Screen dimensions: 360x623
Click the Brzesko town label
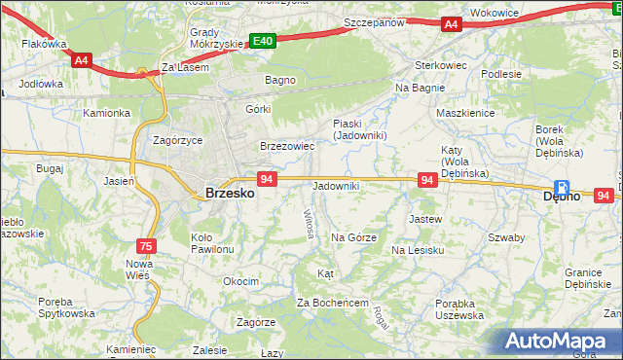230,194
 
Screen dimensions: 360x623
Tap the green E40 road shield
262,41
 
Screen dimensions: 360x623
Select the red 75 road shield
146,246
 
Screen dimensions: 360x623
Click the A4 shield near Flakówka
81,59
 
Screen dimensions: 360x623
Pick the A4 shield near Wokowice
450,24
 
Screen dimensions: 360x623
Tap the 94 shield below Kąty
426,180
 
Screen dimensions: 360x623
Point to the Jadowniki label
336,186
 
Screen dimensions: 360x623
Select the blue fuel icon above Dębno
562,187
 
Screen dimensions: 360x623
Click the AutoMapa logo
559,342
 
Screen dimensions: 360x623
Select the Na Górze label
353,236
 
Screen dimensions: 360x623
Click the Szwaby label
506,237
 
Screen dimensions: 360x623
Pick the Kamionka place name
106,113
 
